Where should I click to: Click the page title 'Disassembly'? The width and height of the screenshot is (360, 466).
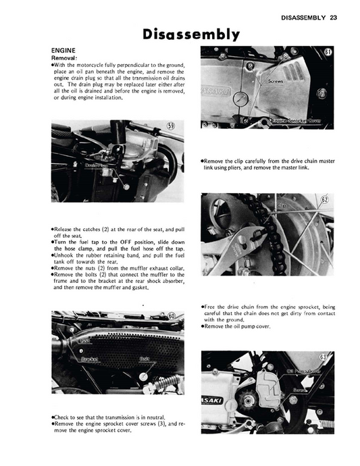coord(190,33)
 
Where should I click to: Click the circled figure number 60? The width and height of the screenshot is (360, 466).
coord(172,316)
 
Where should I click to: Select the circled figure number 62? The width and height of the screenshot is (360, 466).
coord(324,200)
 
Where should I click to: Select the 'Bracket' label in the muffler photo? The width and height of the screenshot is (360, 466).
coord(89,359)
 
